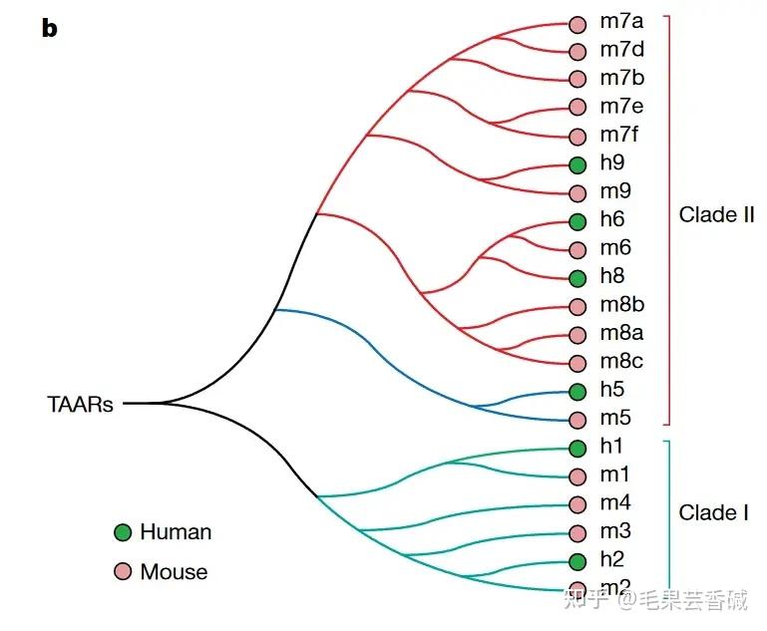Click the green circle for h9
point(576,164)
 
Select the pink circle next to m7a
point(576,23)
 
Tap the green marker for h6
point(576,221)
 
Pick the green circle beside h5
point(576,392)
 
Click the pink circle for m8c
point(576,363)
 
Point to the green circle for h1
point(576,449)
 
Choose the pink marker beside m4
point(576,504)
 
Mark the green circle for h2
point(576,561)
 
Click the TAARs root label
point(80,405)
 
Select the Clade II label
point(716,214)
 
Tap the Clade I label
point(713,512)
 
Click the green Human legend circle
point(123,532)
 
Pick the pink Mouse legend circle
point(123,572)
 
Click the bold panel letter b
point(49,29)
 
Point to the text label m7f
point(619,135)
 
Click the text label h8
point(612,276)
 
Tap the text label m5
point(615,418)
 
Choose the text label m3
point(615,531)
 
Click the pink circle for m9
point(576,192)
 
